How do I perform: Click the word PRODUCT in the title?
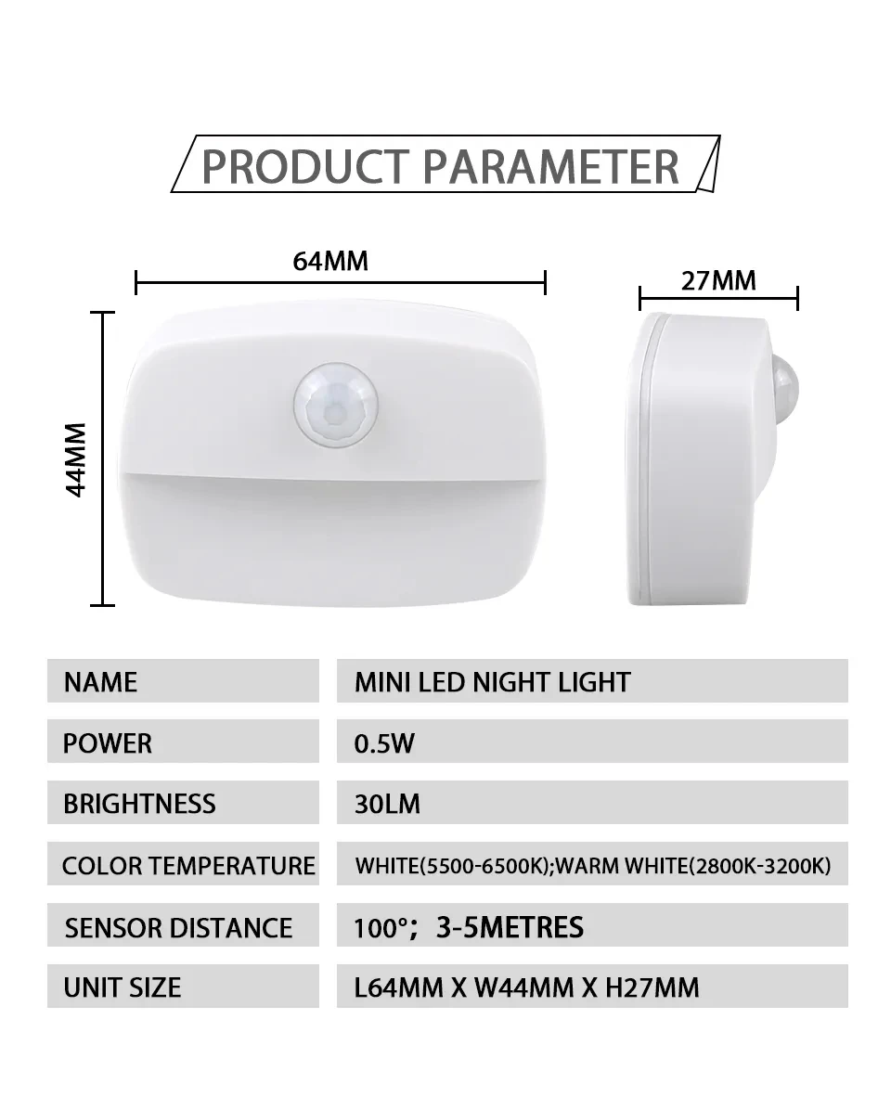tap(305, 166)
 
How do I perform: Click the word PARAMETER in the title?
tap(551, 166)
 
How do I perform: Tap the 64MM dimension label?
tap(330, 261)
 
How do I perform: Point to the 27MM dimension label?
tap(718, 280)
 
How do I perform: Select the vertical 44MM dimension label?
tap(76, 459)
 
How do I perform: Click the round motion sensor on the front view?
tap(335, 407)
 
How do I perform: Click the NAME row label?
tap(100, 682)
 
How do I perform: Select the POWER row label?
tap(108, 742)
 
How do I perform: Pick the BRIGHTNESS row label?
tap(139, 804)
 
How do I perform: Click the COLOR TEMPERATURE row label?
tap(188, 866)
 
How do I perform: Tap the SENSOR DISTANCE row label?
tap(178, 927)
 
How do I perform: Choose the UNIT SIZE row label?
tap(122, 987)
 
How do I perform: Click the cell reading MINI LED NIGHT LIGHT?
tap(492, 682)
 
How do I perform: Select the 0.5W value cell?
tap(384, 742)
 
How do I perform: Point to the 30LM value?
tap(387, 804)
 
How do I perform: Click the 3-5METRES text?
tap(510, 926)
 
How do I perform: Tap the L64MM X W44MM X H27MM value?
tap(526, 987)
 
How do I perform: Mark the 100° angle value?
tap(381, 926)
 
